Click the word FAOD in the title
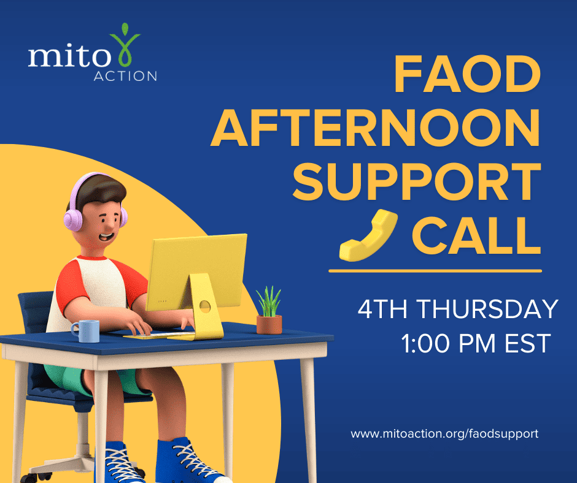[467, 74]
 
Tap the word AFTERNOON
[375, 128]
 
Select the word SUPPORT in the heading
[417, 181]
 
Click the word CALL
[476, 235]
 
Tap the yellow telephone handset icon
[368, 236]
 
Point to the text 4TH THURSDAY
[458, 309]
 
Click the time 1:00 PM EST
[476, 343]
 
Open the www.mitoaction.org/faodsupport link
[444, 434]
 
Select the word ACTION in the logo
[125, 76]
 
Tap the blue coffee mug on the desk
[86, 331]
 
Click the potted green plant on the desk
[269, 311]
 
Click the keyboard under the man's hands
[159, 336]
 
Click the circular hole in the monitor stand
[205, 306]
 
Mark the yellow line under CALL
[435, 271]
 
